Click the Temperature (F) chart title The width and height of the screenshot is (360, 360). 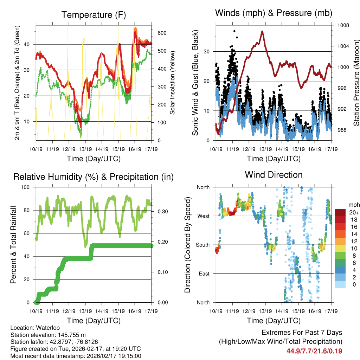coord(93,15)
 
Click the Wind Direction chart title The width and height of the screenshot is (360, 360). coord(274,174)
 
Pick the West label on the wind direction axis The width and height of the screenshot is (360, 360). coord(203,216)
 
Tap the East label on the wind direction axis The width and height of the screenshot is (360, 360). coord(204,274)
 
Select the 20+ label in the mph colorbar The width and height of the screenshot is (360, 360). coord(354,212)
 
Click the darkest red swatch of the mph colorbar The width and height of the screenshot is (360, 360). coord(340,212)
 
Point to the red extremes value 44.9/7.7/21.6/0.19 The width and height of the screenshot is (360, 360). coord(314,351)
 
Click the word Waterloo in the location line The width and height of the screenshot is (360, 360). coord(45,328)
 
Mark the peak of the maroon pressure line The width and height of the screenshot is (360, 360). coord(262,31)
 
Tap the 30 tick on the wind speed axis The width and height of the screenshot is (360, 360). coord(207,51)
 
